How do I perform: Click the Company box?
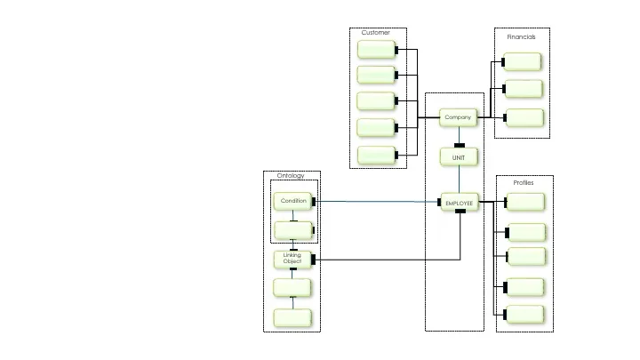click(459, 117)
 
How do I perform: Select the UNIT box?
click(459, 156)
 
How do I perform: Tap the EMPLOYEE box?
click(460, 203)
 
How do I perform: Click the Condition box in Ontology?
click(293, 201)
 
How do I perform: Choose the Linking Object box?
click(292, 259)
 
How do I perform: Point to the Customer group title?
click(375, 33)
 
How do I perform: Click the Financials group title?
click(521, 37)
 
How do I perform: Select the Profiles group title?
click(524, 182)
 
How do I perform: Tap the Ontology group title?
click(291, 175)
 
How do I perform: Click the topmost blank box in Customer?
click(377, 50)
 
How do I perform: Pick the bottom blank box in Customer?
click(377, 156)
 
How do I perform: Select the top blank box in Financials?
click(523, 61)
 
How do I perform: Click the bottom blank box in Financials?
click(523, 117)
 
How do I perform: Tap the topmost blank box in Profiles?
click(524, 203)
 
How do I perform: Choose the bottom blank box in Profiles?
click(524, 314)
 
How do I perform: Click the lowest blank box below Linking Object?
click(292, 317)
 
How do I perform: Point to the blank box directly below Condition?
click(292, 231)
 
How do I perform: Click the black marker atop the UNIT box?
click(460, 145)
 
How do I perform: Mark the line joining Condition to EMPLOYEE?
click(378, 202)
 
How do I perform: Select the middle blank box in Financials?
click(523, 89)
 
